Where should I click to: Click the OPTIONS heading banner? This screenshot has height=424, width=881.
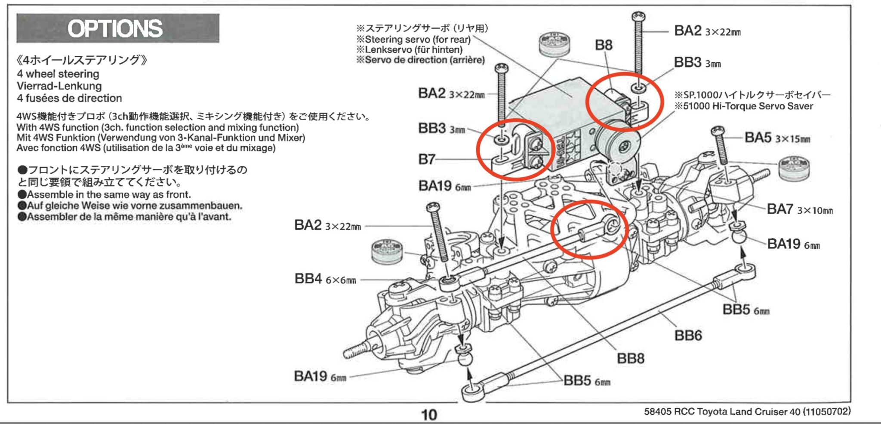117,28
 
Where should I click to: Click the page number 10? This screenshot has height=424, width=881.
428,415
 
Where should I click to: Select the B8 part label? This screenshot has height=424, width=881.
603,45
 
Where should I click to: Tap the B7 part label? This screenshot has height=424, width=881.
426,160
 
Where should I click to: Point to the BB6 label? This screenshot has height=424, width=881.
688,335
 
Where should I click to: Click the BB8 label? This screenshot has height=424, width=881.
630,358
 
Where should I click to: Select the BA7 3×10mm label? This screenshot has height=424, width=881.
799,209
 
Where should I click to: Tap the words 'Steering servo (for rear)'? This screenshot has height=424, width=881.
417,39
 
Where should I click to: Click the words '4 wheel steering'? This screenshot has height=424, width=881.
58,74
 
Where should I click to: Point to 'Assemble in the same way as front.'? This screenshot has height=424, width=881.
108,194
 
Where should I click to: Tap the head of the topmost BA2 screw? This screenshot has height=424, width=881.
638,17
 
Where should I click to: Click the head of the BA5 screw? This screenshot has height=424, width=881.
718,130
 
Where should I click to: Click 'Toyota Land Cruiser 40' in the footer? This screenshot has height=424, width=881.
748,412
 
